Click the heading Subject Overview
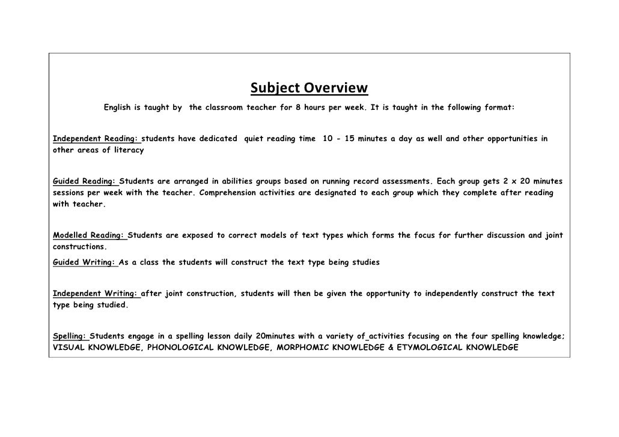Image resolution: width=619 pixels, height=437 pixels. click(x=309, y=89)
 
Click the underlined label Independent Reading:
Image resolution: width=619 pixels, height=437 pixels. click(x=96, y=139)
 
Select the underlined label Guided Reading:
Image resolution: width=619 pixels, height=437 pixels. click(x=85, y=181)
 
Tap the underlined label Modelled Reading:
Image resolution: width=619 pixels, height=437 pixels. click(x=90, y=235)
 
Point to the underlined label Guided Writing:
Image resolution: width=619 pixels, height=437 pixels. click(x=84, y=262)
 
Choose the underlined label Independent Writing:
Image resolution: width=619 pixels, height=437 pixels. click(x=96, y=294)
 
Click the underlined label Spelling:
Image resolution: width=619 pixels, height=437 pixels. click(x=70, y=336)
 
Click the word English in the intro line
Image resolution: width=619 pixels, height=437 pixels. click(x=120, y=107)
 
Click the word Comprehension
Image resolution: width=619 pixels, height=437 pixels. click(x=230, y=193)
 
